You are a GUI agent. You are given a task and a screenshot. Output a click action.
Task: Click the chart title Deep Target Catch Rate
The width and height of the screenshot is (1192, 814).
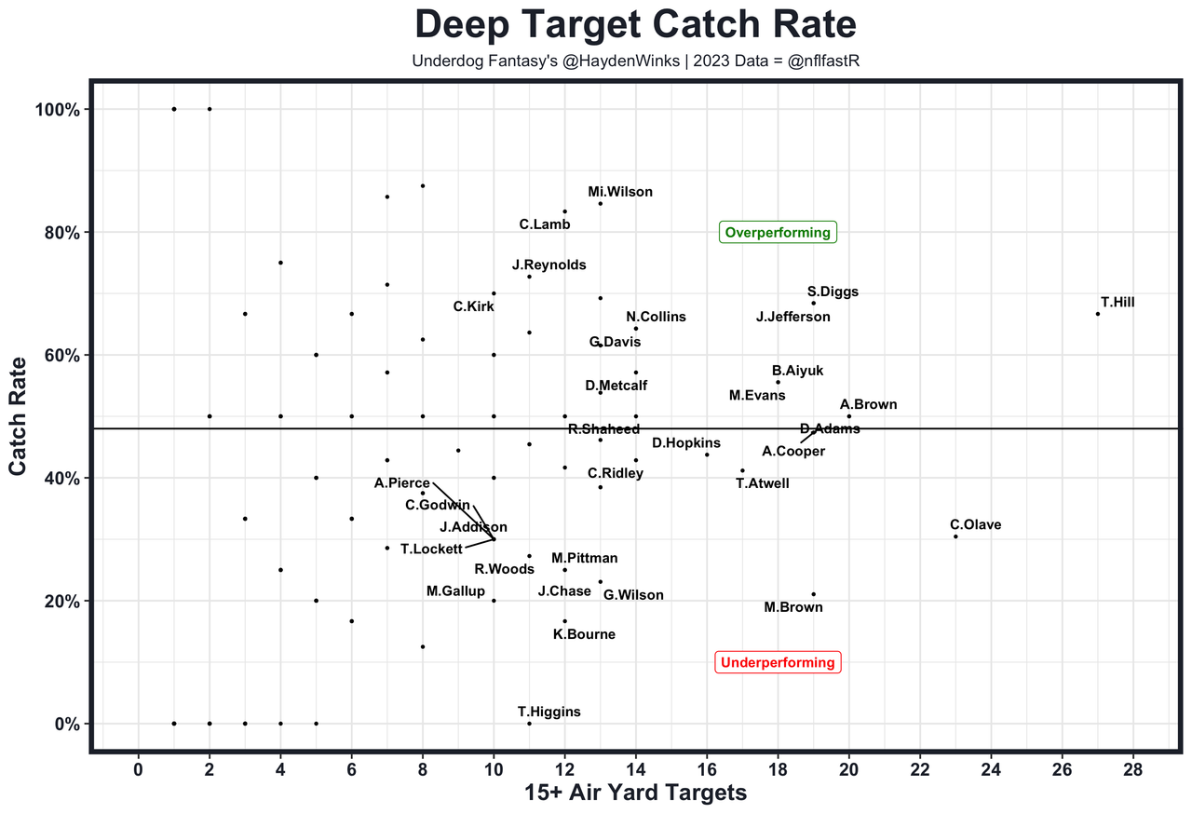pos(635,25)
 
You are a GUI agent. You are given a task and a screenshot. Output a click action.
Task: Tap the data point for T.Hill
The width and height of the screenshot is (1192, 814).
pos(1098,314)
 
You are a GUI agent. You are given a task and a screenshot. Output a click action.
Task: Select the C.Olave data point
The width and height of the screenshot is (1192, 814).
pos(955,536)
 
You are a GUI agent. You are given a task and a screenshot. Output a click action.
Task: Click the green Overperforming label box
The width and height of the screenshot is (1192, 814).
pos(778,233)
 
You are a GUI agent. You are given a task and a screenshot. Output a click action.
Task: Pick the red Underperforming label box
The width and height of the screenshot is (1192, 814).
pos(778,662)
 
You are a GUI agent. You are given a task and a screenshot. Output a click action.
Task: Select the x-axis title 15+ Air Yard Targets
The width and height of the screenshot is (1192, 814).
pos(635,794)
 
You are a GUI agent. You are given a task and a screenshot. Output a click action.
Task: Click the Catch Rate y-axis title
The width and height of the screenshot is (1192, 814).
pos(19,417)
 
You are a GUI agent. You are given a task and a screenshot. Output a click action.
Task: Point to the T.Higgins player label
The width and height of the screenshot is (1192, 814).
pos(549,712)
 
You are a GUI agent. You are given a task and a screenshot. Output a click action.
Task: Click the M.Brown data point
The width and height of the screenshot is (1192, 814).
pos(813,594)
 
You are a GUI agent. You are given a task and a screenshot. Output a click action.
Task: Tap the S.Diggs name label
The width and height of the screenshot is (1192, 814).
pos(833,292)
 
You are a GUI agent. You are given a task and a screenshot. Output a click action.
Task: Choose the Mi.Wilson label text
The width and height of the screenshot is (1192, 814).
pos(620,193)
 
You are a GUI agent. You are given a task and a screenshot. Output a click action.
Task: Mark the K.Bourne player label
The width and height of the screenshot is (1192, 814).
pos(584,635)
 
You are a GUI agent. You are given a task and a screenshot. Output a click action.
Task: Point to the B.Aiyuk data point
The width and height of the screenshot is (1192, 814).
pos(778,382)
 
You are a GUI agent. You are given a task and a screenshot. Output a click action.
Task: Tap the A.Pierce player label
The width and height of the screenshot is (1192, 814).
pos(402,483)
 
